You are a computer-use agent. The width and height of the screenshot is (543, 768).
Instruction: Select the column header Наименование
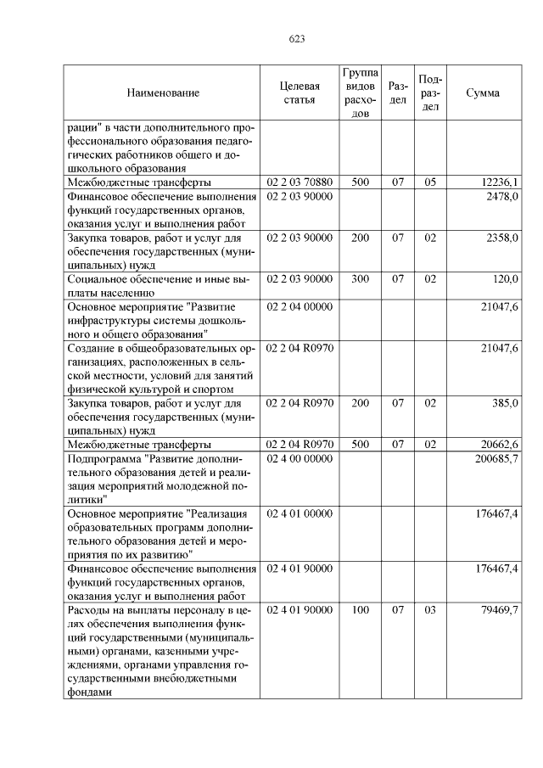[x=164, y=92]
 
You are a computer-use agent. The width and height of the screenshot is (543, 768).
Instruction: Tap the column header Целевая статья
[x=299, y=92]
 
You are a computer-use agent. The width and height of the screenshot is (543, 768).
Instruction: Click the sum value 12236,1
[x=499, y=182]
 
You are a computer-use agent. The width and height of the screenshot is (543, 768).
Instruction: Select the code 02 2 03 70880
[x=299, y=182]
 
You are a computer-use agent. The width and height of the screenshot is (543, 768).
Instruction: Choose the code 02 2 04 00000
[x=299, y=306]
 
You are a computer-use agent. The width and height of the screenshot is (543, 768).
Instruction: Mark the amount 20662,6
[x=499, y=445]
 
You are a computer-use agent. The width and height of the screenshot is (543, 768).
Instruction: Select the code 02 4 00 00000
[x=299, y=458]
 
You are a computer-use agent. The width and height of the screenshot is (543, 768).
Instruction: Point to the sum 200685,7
[x=496, y=458]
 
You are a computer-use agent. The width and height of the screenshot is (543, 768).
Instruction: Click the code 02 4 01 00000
[x=299, y=513]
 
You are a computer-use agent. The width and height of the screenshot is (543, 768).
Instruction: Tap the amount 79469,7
[x=499, y=610]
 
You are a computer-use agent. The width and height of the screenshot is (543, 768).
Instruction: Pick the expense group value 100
[x=360, y=610]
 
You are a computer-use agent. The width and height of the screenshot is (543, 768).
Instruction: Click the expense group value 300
[x=360, y=278]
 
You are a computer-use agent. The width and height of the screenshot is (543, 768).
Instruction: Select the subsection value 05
[x=430, y=182]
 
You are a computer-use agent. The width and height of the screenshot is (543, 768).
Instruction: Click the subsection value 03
[x=430, y=610]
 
